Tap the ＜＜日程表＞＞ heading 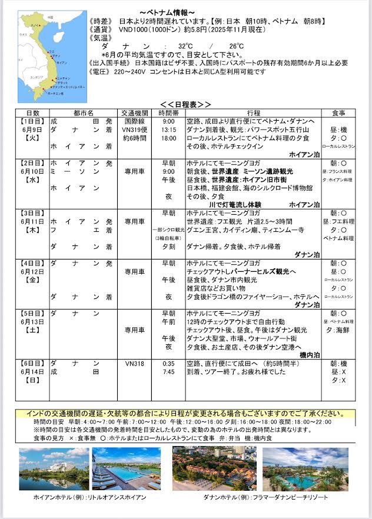(185, 104)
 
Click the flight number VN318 (135, 363)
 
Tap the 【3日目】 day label (32, 214)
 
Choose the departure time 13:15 (168, 129)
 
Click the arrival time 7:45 (168, 372)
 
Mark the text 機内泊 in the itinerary (310, 355)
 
